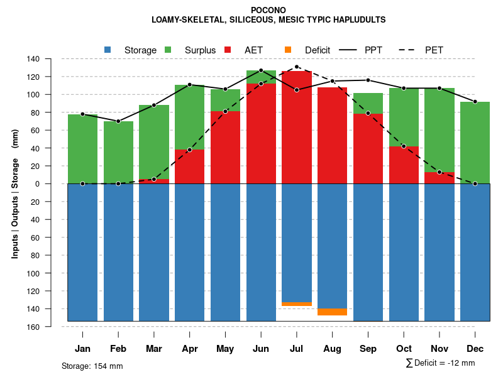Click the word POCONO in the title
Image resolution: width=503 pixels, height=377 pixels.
[268, 10]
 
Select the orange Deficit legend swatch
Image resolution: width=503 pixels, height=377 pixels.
[288, 50]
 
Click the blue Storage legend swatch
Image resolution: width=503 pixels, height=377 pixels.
[108, 50]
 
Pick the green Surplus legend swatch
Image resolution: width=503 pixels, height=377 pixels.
[168, 50]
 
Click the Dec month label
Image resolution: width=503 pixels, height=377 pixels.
[475, 349]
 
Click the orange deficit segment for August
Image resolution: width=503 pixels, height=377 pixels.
[333, 312]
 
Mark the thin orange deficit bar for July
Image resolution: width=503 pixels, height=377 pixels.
[297, 304]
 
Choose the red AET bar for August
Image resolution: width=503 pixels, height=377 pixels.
[333, 135]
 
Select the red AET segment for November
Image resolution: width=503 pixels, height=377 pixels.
[439, 178]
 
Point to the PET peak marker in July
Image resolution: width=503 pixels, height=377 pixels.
[297, 67]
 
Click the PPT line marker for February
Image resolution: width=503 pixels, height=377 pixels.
[118, 121]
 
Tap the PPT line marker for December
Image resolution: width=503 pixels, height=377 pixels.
[475, 101]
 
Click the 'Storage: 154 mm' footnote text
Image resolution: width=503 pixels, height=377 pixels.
[92, 366]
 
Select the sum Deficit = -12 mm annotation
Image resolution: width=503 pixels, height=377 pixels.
[440, 363]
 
